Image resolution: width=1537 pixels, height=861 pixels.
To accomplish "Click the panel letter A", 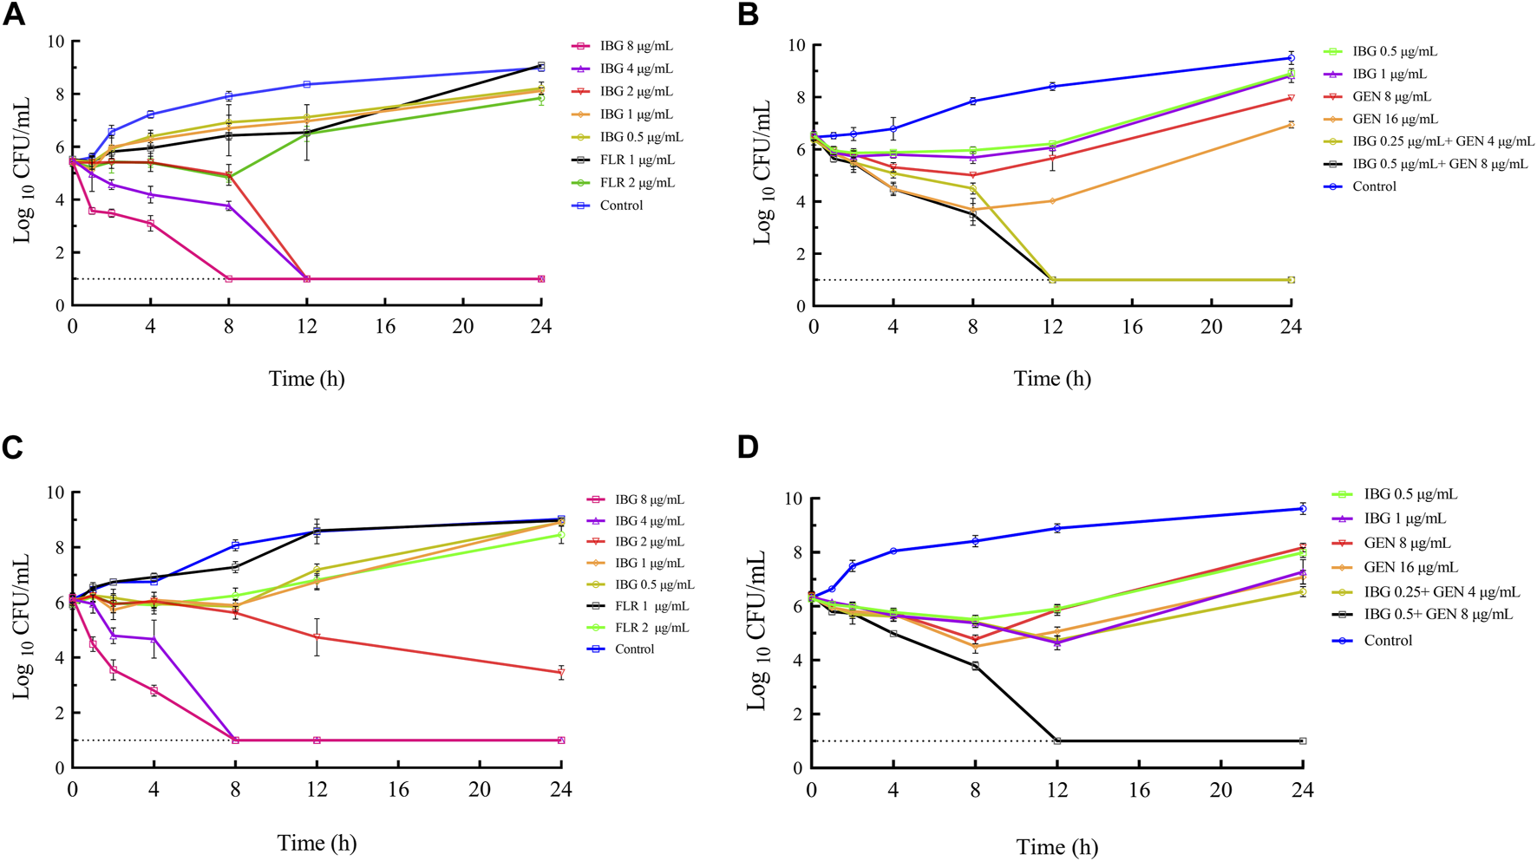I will click(x=15, y=16).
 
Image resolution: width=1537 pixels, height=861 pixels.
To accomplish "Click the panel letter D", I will click(x=747, y=447).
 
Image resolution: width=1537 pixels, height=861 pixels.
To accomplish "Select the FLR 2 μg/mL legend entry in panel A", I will click(x=637, y=183).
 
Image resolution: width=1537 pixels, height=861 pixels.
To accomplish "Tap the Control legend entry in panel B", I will click(x=1374, y=186).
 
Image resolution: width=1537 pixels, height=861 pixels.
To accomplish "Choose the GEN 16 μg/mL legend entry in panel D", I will click(x=1410, y=568).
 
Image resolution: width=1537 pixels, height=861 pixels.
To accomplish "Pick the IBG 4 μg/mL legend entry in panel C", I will click(x=649, y=521).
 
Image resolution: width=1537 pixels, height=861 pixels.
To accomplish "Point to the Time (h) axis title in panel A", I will click(x=306, y=379).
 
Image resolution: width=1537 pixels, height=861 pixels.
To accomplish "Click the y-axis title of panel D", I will click(x=758, y=629).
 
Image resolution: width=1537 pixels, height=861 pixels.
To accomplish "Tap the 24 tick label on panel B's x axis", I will click(x=1292, y=327).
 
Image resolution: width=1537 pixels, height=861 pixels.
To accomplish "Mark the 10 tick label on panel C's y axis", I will click(x=55, y=492).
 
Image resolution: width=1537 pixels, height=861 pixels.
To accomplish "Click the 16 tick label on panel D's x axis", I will click(x=1139, y=790).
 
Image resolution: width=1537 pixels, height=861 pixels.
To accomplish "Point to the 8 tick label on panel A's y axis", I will click(x=59, y=94).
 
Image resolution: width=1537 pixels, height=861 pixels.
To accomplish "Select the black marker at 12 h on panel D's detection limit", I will click(x=1057, y=741).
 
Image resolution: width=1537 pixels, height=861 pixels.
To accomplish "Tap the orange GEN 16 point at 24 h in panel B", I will click(x=1292, y=125).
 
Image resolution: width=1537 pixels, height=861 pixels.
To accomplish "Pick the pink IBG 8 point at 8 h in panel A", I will click(x=229, y=279).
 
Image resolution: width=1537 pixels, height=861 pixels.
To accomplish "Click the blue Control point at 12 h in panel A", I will click(x=307, y=84).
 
